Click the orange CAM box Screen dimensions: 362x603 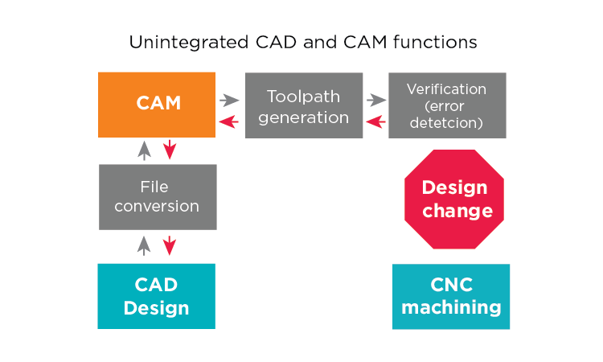(x=157, y=105)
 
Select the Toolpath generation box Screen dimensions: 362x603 (x=303, y=105)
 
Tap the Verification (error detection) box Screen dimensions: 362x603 (x=447, y=105)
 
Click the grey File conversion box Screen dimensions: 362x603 (x=158, y=197)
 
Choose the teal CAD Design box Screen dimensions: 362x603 (x=157, y=296)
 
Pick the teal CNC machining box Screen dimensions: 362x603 (x=451, y=296)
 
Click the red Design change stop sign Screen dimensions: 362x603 (x=454, y=199)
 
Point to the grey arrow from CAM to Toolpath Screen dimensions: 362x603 (x=230, y=101)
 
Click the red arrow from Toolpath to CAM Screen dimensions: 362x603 (x=230, y=121)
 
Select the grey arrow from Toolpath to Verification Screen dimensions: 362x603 (x=375, y=101)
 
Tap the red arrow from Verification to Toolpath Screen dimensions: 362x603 (x=375, y=121)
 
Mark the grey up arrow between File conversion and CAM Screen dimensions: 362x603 (x=144, y=150)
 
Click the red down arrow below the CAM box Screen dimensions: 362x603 (x=169, y=150)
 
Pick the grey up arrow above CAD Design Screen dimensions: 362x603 (x=144, y=245)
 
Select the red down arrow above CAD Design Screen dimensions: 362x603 (x=169, y=245)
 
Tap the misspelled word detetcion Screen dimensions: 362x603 (x=447, y=123)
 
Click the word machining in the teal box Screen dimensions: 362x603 (x=451, y=307)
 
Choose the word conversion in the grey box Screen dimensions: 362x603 (x=158, y=207)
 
